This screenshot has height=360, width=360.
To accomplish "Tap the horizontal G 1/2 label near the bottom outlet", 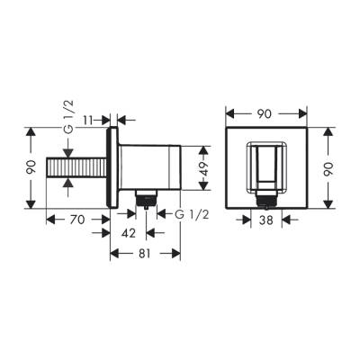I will tap(181, 215).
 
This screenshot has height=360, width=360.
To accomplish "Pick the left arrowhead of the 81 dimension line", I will tap(113, 254).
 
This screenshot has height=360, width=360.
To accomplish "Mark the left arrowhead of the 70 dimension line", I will tap(48, 218).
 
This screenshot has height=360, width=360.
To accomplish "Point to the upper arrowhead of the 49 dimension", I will tap(192, 144).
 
